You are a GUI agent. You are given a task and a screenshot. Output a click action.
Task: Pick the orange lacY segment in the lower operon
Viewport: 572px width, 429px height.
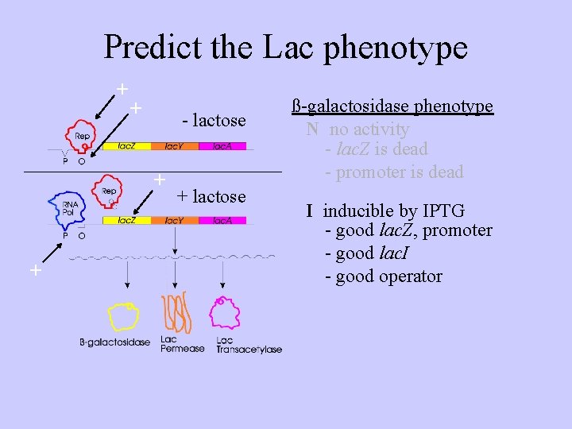pyautogui.click(x=174, y=220)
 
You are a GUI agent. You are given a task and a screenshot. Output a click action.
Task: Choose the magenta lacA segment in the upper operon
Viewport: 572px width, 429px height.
pyautogui.click(x=222, y=146)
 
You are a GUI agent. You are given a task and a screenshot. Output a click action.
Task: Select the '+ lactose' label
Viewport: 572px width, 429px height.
pyautogui.click(x=211, y=196)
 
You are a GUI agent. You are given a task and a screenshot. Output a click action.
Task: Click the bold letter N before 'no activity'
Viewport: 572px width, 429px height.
pyautogui.click(x=312, y=129)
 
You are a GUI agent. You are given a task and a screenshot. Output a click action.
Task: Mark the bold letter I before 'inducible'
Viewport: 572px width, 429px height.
pyautogui.click(x=311, y=211)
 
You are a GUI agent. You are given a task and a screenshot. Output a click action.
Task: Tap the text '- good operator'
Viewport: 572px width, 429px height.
pyautogui.click(x=384, y=276)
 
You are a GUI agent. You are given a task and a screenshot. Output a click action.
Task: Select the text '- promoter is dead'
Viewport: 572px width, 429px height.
pyautogui.click(x=394, y=172)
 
